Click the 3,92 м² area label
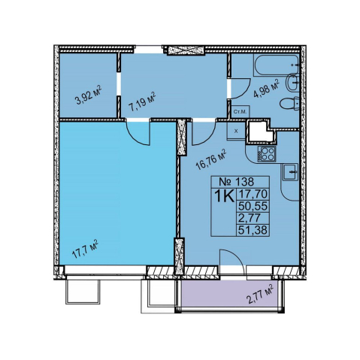(89, 95)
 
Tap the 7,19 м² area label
(142, 102)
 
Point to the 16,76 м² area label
(211, 160)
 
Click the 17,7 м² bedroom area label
(85, 249)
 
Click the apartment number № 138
(237, 181)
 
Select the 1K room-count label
(225, 196)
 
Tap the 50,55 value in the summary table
(253, 206)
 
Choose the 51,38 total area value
(253, 230)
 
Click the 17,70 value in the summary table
(253, 194)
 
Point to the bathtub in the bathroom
(276, 65)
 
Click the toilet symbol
(289, 104)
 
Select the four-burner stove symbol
(267, 154)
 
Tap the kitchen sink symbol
(290, 172)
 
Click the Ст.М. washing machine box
(240, 112)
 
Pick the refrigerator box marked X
(236, 131)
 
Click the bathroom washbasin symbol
(292, 83)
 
